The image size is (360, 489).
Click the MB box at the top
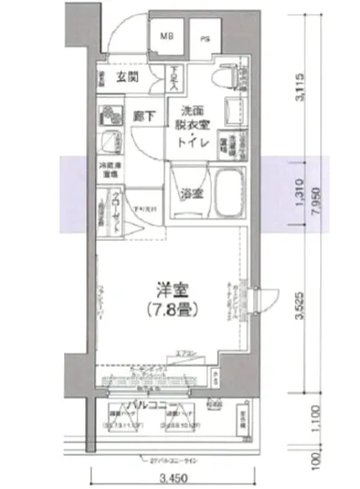tap(166, 37)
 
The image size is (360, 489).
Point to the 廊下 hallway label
tap(142, 114)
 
